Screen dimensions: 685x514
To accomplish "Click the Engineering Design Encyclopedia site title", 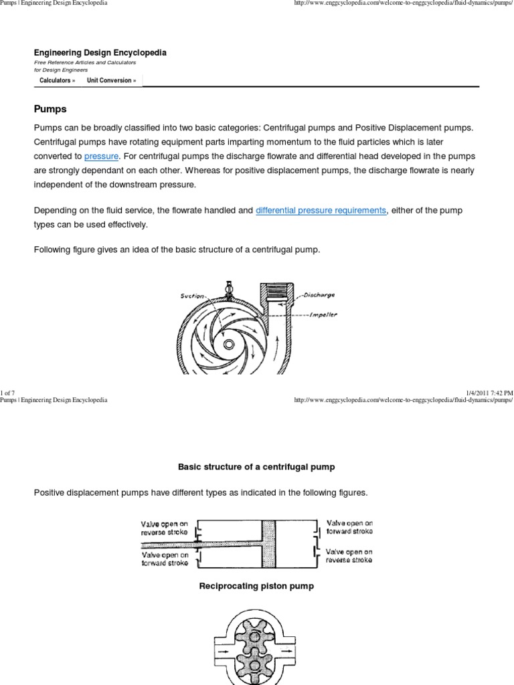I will [x=100, y=52].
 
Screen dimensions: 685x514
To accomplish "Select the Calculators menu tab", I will [x=57, y=80].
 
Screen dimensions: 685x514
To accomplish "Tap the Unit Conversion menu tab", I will [x=111, y=80].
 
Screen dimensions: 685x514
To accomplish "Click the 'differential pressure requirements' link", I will [x=321, y=210].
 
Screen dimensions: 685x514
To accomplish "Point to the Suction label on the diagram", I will [x=193, y=294].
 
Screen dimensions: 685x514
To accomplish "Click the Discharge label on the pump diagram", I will [x=319, y=294].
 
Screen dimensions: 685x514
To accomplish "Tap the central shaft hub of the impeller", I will [x=230, y=343].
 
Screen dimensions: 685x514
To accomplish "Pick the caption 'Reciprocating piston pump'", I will [x=256, y=586].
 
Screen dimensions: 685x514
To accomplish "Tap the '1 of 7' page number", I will [x=7, y=392].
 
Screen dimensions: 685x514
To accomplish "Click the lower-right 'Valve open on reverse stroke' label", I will [x=349, y=556].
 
